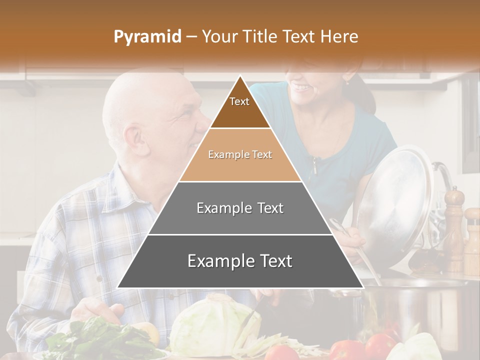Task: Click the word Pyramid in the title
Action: tap(147, 37)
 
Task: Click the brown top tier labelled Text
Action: tap(239, 107)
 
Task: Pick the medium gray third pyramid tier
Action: tap(240, 208)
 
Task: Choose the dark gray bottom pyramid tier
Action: tap(240, 261)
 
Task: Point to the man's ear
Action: tap(133, 139)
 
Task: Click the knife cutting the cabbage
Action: tap(252, 312)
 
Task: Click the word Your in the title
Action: tap(219, 36)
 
